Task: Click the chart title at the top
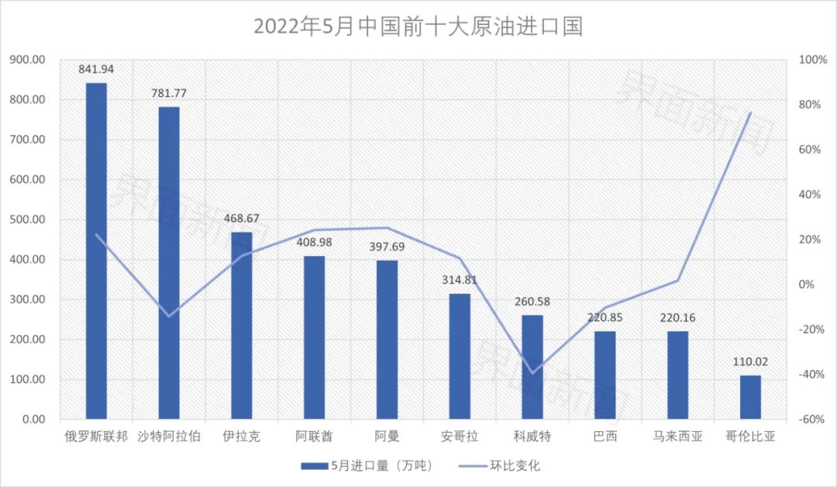[x=418, y=27]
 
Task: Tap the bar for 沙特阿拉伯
[x=169, y=263]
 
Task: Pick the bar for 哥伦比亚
[x=750, y=397]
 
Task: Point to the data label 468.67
[x=241, y=219]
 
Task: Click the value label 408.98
[x=314, y=243]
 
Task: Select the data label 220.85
[x=604, y=318]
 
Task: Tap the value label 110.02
[x=750, y=362]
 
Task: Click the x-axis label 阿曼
[x=387, y=437]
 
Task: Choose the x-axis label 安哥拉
[x=460, y=437]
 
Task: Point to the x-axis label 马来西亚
[x=677, y=437]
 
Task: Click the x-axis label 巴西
[x=605, y=437]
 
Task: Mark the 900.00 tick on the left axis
[x=28, y=60]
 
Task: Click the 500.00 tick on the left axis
[x=28, y=219]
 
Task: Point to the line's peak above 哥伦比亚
[x=750, y=113]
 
